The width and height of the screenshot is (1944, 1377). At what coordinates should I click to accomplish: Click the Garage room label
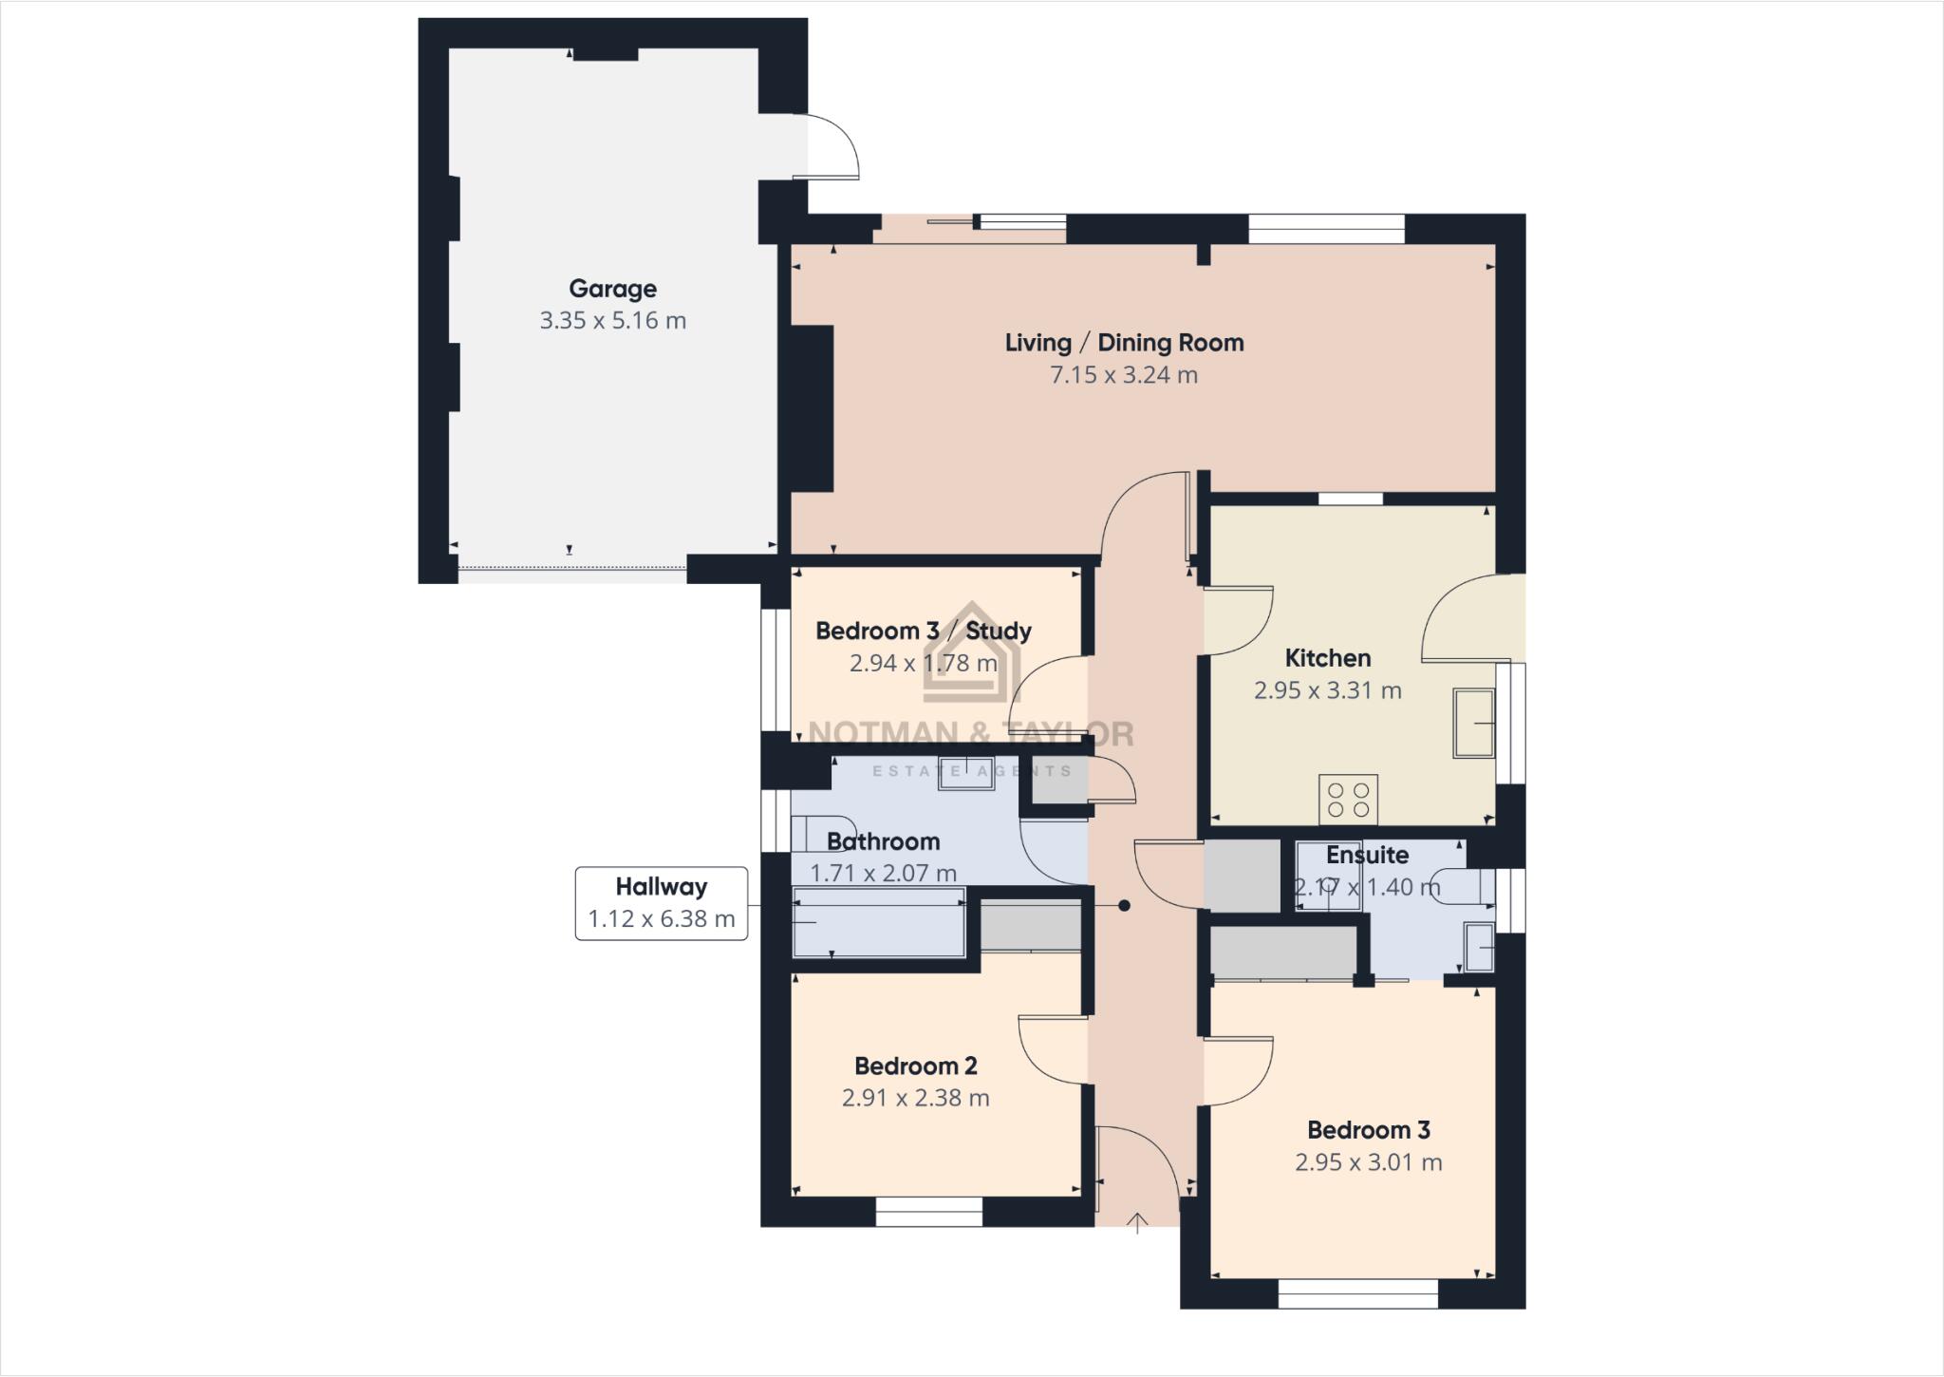pyautogui.click(x=612, y=289)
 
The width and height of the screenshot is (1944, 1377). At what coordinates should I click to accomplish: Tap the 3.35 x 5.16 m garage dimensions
pyautogui.click(x=612, y=321)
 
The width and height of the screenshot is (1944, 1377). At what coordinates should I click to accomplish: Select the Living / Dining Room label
pyautogui.click(x=1124, y=343)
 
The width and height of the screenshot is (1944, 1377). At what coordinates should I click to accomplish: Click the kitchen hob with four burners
pyautogui.click(x=1348, y=799)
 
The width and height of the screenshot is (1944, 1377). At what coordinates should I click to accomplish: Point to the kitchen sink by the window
pyautogui.click(x=1473, y=723)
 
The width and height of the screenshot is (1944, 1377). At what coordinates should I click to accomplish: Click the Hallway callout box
pyautogui.click(x=661, y=903)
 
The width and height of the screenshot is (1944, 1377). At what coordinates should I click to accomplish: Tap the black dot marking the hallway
pyautogui.click(x=1124, y=906)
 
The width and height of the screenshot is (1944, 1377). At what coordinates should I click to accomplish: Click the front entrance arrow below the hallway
pyautogui.click(x=1137, y=1223)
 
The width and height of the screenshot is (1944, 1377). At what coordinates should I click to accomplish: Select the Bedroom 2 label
pyautogui.click(x=915, y=1066)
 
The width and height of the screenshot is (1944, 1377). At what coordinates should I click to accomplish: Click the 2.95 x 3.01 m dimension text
pyautogui.click(x=1368, y=1162)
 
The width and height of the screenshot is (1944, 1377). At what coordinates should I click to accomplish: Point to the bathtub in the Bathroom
pyautogui.click(x=878, y=922)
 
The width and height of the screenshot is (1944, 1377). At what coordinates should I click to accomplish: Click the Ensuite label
pyautogui.click(x=1367, y=855)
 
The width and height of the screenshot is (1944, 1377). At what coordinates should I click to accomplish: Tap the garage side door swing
pyautogui.click(x=831, y=148)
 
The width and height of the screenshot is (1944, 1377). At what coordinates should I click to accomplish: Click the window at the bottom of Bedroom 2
pyautogui.click(x=928, y=1211)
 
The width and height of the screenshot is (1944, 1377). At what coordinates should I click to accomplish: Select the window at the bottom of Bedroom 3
pyautogui.click(x=1357, y=1293)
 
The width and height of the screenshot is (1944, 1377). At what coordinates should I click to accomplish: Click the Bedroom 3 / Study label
pyautogui.click(x=923, y=632)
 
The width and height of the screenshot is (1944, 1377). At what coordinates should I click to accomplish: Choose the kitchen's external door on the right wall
pyautogui.click(x=1471, y=617)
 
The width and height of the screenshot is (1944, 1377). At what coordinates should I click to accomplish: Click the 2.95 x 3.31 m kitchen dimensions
pyautogui.click(x=1327, y=690)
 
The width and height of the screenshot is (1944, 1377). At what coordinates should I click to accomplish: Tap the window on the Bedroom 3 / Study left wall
pyautogui.click(x=776, y=670)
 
